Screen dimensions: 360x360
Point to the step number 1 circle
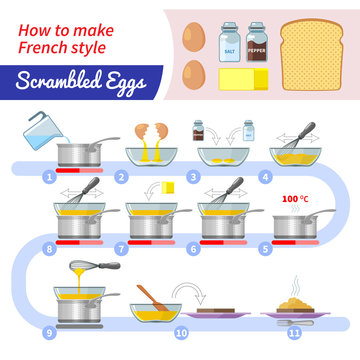click(47, 176)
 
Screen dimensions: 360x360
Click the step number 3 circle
click(192, 176)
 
